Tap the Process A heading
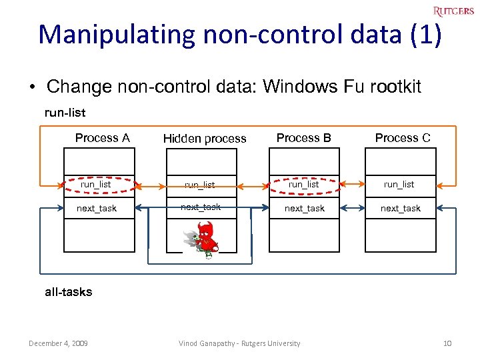click(x=102, y=138)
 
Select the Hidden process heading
click(x=205, y=139)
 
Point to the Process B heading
click(x=303, y=138)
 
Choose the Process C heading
click(x=403, y=138)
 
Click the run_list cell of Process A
click(x=97, y=184)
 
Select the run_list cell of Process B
click(x=304, y=184)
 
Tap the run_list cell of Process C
click(x=399, y=184)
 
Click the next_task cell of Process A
click(x=97, y=208)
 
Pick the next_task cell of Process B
click(x=305, y=208)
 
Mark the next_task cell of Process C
click(x=400, y=208)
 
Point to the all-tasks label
click(x=69, y=291)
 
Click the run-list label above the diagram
click(x=65, y=113)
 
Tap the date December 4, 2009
click(x=59, y=343)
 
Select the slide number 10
click(x=447, y=343)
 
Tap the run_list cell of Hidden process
click(x=200, y=185)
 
